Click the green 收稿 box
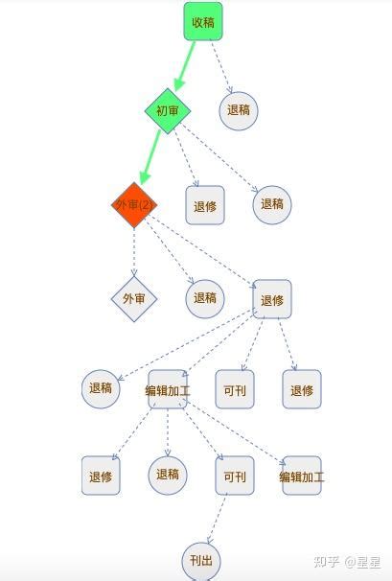point(203,21)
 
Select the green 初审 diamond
point(168,111)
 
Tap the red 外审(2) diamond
point(134,205)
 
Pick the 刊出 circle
point(201,561)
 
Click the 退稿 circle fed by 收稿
point(239,111)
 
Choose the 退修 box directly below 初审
point(205,205)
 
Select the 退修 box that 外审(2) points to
point(272,299)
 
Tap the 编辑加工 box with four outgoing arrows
point(168,389)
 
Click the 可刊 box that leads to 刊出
point(235,476)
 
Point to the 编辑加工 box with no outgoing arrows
point(302,476)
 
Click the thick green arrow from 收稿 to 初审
point(185,66)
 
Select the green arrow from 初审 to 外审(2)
point(150,157)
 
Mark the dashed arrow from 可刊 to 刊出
point(218,519)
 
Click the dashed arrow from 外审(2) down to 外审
point(134,252)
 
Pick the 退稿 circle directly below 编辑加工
point(168,476)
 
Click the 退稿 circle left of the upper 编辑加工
point(101,389)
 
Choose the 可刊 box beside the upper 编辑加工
point(235,389)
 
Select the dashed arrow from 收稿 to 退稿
point(221,67)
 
